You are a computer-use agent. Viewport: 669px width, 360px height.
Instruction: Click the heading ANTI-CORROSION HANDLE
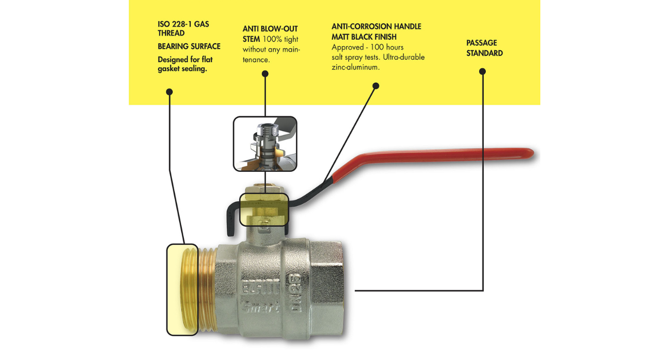376,26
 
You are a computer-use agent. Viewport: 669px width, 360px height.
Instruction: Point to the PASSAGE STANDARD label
484,48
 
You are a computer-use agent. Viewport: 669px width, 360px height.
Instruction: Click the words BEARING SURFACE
189,46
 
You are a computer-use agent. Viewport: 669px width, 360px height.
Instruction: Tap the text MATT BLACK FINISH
368,37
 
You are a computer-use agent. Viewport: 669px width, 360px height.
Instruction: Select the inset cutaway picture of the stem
265,143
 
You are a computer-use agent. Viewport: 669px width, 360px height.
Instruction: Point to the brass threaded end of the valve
190,290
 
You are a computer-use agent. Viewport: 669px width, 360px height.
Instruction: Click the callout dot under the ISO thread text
169,92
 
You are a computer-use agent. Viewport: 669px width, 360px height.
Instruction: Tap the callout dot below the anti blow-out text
265,74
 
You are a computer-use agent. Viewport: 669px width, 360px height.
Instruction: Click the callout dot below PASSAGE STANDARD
482,71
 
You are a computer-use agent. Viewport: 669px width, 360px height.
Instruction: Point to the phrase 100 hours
385,47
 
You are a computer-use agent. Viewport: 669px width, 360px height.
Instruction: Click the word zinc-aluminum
355,68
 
